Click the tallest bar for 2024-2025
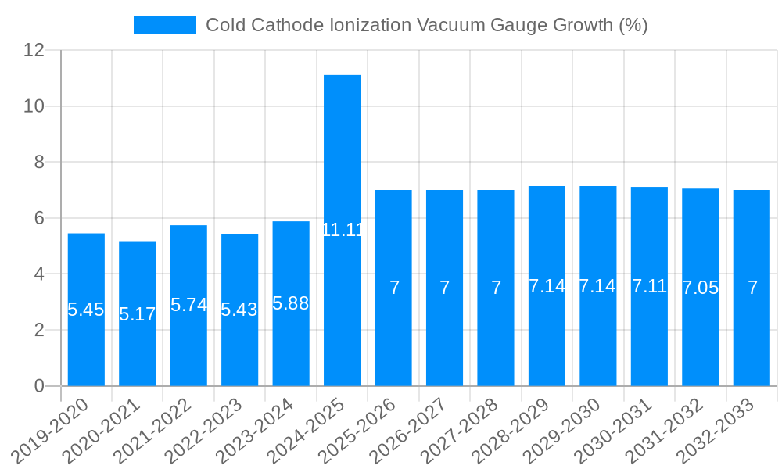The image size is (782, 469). pos(342,156)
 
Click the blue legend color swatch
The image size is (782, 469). pos(164,25)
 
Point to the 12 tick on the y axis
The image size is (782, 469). pos(34,50)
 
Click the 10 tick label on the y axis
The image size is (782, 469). pos(34,106)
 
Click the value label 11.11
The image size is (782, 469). pos(342,230)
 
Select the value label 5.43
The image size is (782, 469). pos(239,310)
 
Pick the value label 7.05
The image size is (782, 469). pos(700,288)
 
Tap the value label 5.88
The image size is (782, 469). pos(291,303)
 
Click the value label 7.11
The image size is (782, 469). pos(649,286)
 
